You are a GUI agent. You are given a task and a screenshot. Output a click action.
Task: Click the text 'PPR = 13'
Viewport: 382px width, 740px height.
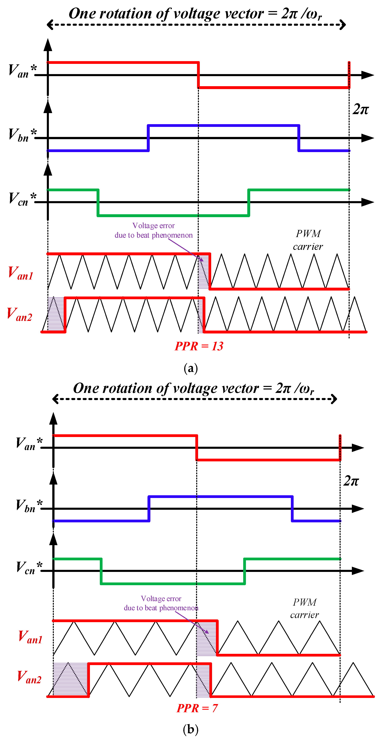pyautogui.click(x=199, y=346)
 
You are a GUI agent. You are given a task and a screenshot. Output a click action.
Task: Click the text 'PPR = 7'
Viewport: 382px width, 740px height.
pyautogui.click(x=197, y=708)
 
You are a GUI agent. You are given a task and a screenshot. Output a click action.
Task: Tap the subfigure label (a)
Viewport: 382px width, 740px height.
pyautogui.click(x=191, y=368)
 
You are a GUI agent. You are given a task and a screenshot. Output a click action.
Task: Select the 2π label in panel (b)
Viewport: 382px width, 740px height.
pyautogui.click(x=351, y=481)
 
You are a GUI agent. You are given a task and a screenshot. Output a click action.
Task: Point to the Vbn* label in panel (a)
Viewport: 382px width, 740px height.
pyautogui.click(x=22, y=134)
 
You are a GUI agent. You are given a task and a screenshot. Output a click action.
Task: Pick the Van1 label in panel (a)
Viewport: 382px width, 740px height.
pyautogui.click(x=20, y=273)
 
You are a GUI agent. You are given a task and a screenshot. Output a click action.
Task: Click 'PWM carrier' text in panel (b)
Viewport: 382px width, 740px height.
pyautogui.click(x=305, y=608)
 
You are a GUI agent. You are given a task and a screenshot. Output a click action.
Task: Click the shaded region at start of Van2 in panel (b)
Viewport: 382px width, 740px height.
pyautogui.click(x=70, y=679)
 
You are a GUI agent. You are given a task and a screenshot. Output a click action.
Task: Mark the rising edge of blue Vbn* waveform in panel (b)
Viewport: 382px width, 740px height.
pyautogui.click(x=149, y=509)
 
